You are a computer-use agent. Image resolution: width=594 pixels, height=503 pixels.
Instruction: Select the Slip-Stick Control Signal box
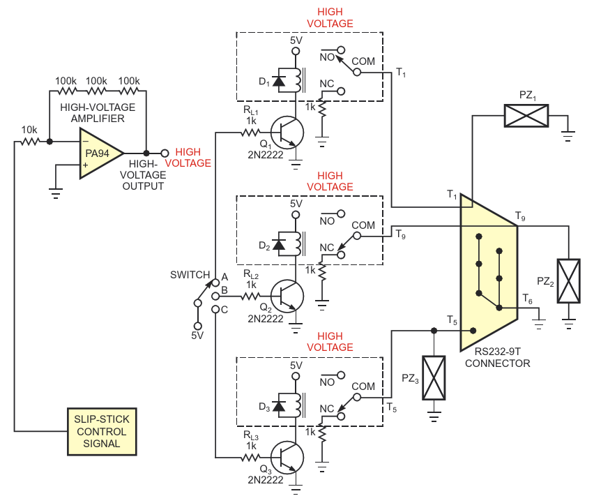(102, 431)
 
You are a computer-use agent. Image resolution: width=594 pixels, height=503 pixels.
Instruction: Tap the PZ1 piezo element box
(526, 116)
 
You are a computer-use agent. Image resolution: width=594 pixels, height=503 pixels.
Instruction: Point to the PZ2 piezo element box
(568, 281)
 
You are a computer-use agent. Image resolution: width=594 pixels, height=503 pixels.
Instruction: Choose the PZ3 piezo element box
(434, 378)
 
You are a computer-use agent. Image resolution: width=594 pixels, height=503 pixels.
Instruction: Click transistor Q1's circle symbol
(287, 133)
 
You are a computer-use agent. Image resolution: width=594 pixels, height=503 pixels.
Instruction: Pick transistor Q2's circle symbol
(287, 296)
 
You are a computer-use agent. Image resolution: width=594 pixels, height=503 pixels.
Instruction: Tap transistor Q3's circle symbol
(287, 458)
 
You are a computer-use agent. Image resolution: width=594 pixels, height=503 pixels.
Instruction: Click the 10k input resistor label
(29, 130)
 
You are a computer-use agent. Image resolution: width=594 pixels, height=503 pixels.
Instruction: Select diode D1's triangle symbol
(279, 81)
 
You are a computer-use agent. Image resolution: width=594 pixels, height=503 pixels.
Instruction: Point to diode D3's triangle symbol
(279, 406)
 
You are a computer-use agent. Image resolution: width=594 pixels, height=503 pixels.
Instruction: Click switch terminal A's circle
(215, 283)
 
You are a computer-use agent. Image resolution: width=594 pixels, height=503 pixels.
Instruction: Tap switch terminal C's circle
(215, 309)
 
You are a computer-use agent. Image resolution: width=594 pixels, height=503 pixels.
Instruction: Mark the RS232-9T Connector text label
(497, 357)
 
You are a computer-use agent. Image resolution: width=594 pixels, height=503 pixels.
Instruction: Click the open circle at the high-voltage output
(165, 153)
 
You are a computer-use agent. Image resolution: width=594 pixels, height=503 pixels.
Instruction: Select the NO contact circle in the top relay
(341, 50)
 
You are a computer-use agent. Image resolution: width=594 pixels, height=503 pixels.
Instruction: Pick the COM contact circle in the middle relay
(357, 236)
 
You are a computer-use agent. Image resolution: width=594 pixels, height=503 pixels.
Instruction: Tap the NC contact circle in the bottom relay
(341, 416)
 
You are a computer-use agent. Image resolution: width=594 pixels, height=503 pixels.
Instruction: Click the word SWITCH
(190, 275)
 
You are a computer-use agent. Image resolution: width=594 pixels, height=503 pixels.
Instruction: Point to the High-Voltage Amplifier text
(98, 113)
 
